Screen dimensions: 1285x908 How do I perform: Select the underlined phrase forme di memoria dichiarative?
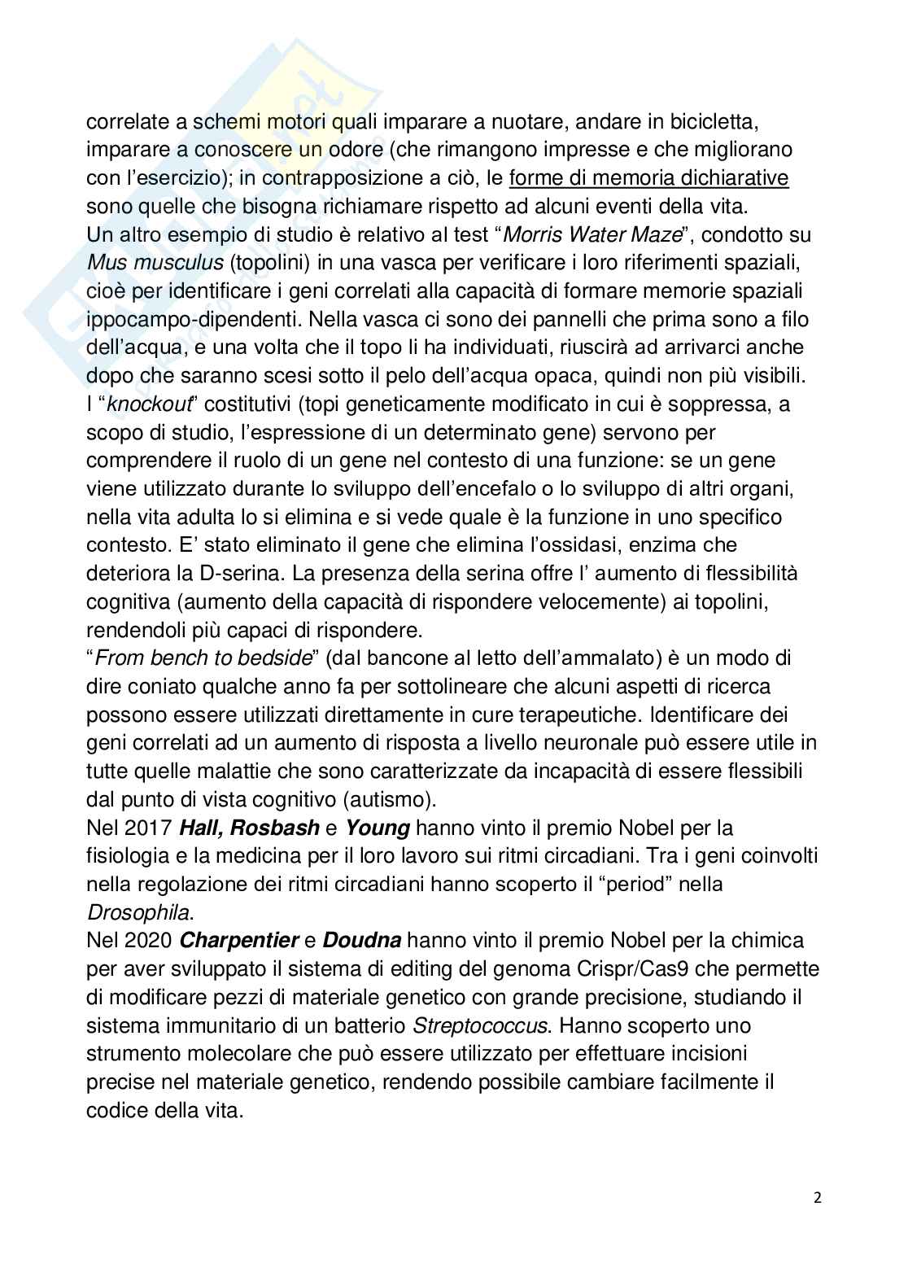(x=648, y=178)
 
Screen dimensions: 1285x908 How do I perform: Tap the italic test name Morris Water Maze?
(x=592, y=235)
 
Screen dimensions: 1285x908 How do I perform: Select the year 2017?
(x=144, y=828)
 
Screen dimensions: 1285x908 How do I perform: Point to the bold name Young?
(x=377, y=828)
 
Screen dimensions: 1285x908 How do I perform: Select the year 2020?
(x=144, y=941)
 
